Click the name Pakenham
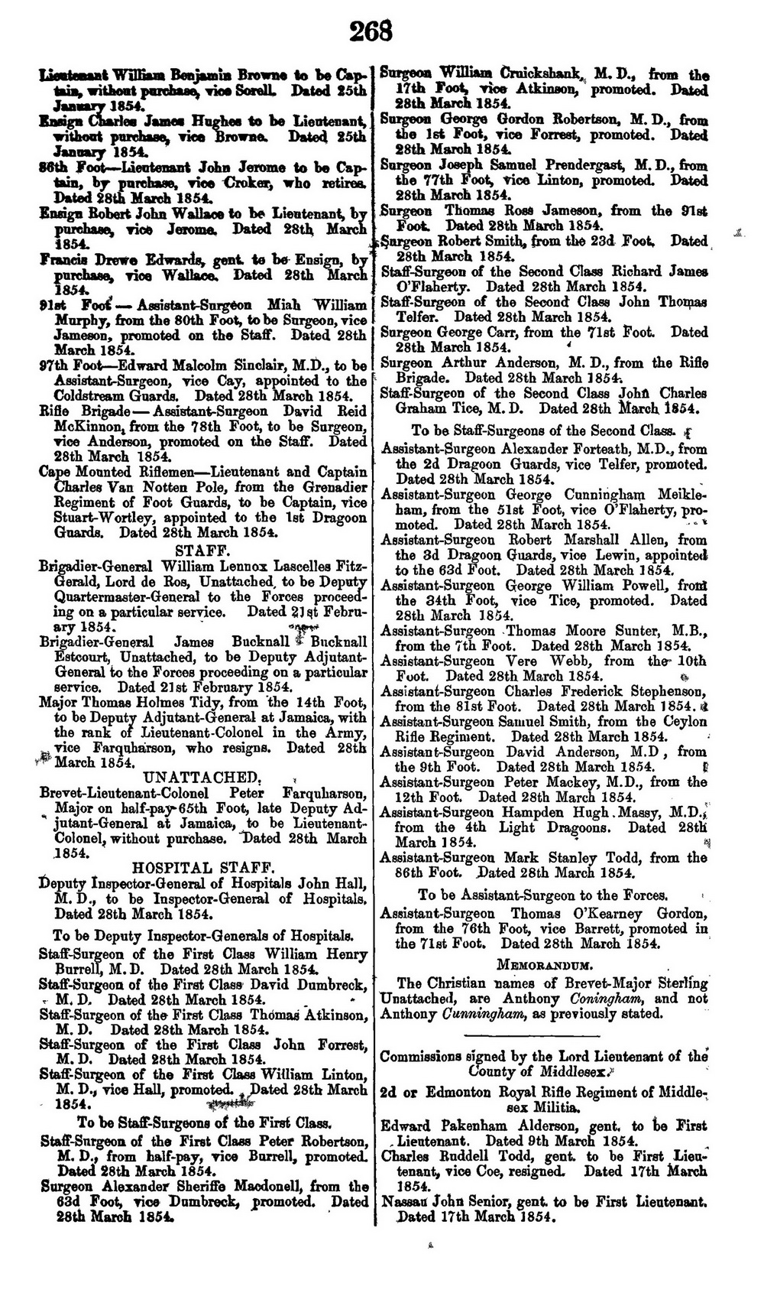click(x=485, y=1126)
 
